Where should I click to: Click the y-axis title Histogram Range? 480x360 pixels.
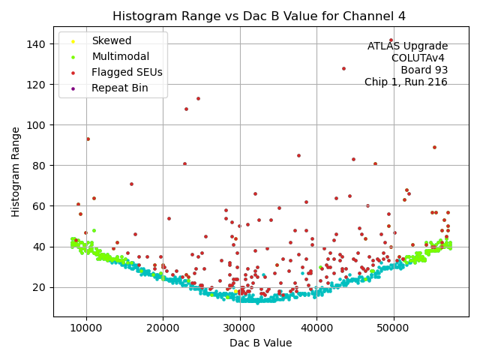tap(16, 172)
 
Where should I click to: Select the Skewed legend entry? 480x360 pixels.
tap(111, 40)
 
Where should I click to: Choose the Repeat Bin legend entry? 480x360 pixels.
tap(119, 88)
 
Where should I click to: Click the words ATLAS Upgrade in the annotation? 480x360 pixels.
tap(407, 46)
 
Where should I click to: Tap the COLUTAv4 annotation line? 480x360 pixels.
tap(419, 58)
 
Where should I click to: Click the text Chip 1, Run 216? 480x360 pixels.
tap(406, 82)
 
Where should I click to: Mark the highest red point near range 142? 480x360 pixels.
tap(391, 40)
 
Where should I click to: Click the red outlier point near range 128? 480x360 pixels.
tap(343, 68)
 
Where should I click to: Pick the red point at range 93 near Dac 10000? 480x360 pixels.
tap(88, 139)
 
